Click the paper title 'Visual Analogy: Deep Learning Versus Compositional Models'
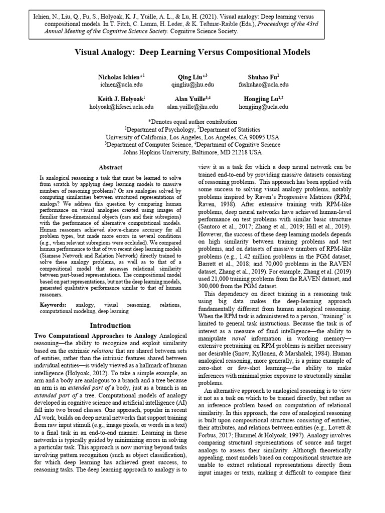click(192, 52)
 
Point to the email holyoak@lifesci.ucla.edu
click(121, 107)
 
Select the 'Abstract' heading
click(110, 168)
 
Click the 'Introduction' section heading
click(110, 326)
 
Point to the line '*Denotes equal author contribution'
click(192, 122)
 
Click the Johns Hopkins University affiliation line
click(192, 152)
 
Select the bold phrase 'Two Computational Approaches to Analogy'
click(95, 335)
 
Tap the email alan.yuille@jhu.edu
click(192, 107)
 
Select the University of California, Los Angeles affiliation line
click(192, 137)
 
